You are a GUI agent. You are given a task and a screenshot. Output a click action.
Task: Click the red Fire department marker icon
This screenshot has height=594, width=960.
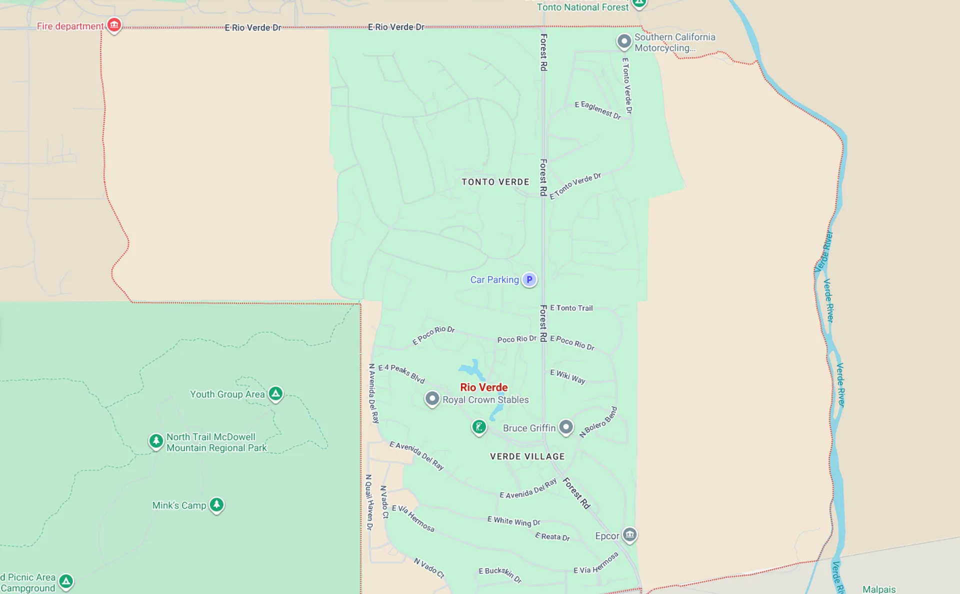(x=114, y=24)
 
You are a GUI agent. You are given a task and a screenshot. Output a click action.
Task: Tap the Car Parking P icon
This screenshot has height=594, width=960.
(x=529, y=279)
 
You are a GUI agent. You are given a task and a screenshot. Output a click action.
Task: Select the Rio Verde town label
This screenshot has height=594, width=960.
(x=483, y=387)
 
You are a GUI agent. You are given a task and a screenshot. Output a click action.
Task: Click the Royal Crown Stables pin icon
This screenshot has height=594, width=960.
(x=432, y=399)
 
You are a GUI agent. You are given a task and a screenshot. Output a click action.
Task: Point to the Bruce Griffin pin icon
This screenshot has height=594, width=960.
(x=565, y=427)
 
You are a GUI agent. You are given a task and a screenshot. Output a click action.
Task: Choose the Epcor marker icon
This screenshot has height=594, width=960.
(x=629, y=535)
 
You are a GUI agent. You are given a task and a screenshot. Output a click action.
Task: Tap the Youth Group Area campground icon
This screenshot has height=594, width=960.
(x=275, y=393)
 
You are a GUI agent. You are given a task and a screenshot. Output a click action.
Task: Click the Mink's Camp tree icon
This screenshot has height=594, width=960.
(x=216, y=505)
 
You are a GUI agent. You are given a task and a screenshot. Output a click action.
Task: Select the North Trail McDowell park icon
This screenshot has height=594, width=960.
(x=156, y=441)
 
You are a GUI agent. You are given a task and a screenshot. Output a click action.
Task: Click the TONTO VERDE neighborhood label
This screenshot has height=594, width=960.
(x=495, y=182)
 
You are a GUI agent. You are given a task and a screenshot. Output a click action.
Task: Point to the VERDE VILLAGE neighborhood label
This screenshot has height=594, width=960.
(x=527, y=456)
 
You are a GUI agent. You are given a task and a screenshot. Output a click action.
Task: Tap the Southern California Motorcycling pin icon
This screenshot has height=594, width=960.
(x=623, y=41)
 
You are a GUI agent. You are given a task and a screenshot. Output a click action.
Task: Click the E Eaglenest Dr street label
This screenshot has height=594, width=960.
(x=597, y=110)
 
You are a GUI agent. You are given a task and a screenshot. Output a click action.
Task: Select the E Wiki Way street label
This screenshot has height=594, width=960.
(x=567, y=376)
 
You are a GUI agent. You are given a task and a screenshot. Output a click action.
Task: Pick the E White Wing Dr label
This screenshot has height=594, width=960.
(x=513, y=521)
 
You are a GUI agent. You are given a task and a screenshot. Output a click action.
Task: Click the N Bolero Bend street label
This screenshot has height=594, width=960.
(x=598, y=422)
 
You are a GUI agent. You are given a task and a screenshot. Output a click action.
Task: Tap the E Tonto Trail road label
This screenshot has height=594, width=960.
(x=571, y=308)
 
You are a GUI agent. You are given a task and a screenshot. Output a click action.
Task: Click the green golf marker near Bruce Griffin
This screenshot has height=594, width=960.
(x=479, y=427)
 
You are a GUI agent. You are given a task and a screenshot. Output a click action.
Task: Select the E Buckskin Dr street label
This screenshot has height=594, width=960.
(x=500, y=575)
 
